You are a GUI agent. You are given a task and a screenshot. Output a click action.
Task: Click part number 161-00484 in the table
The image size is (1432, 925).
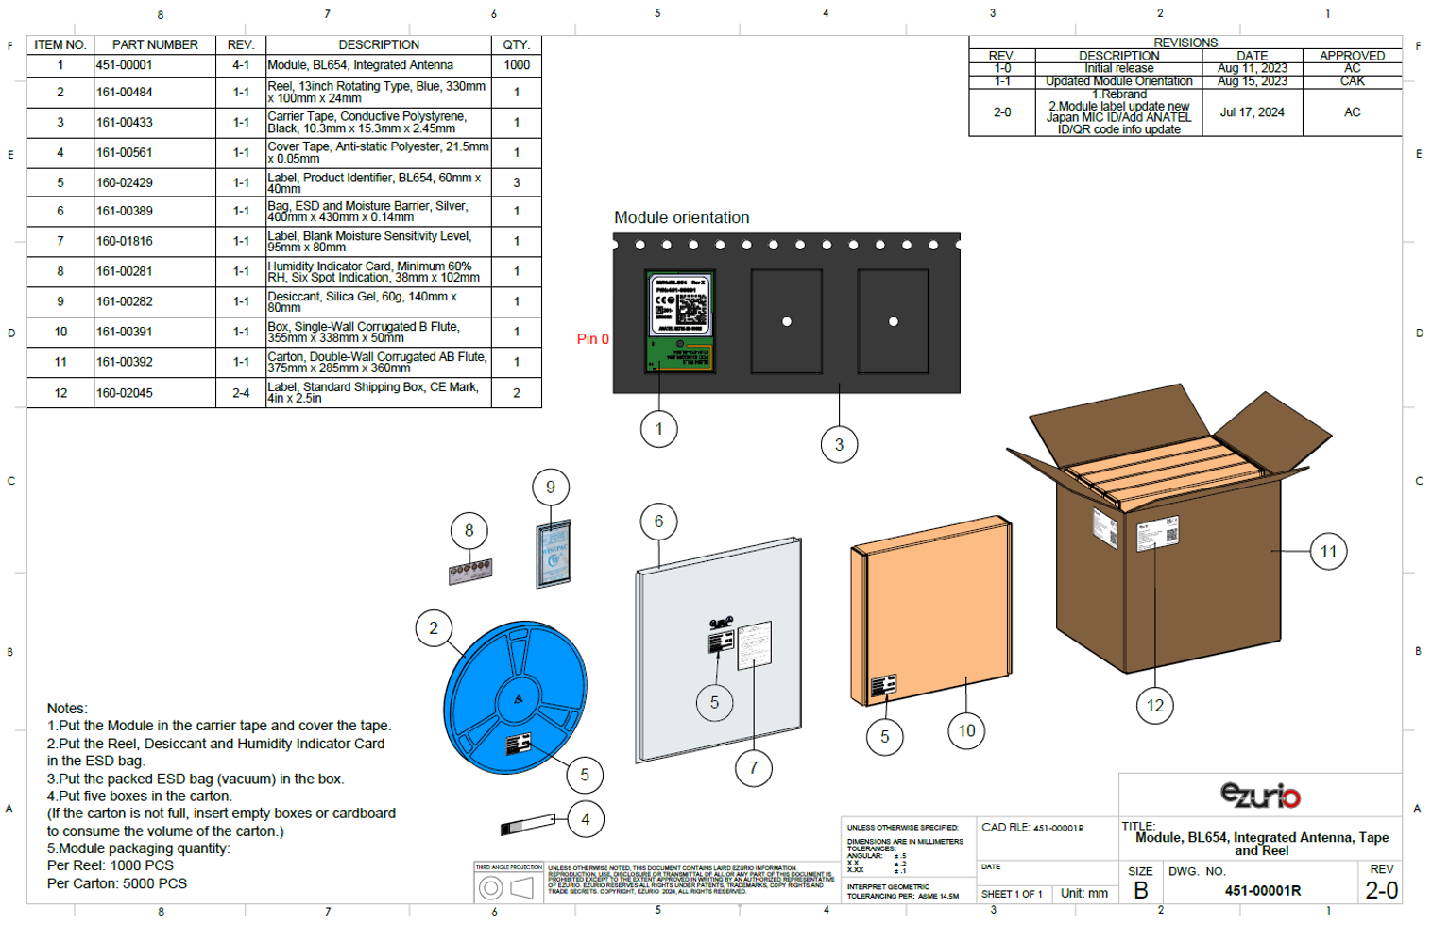pos(124,93)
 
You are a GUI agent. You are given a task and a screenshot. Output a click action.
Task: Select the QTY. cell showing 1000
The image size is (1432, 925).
pos(517,65)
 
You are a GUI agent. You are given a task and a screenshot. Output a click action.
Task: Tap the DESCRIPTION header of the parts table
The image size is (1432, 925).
pos(379,44)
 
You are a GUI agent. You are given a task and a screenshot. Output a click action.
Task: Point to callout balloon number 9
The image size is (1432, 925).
pos(551,488)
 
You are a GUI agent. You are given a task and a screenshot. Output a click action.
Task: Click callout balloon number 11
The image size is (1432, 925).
pos(1328,552)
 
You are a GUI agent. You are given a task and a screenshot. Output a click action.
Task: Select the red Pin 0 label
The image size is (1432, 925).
pos(592,339)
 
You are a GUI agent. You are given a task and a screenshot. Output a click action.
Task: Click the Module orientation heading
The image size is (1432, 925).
pos(681,217)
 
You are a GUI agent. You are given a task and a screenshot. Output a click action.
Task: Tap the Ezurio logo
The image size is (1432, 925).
pos(1260,796)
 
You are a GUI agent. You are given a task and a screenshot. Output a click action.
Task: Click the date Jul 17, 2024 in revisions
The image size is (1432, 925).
pos(1252,112)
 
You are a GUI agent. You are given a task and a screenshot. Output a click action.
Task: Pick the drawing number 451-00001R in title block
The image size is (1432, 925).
pos(1262,891)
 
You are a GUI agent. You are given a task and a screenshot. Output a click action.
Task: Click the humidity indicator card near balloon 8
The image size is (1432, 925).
pos(470,571)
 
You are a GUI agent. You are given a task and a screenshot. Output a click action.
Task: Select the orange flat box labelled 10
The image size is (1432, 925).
pos(930,614)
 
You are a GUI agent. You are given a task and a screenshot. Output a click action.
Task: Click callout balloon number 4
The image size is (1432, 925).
pos(586,819)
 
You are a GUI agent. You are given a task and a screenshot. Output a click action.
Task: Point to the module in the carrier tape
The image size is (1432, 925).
pos(679,321)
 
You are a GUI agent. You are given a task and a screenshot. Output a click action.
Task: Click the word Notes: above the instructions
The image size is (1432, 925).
pos(67,709)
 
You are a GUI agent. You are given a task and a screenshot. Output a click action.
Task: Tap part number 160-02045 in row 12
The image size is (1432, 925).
pos(124,393)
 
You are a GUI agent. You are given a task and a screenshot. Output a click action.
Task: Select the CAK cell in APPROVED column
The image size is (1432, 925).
pos(1352,81)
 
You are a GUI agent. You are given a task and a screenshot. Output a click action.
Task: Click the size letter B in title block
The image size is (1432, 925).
pos(1141,891)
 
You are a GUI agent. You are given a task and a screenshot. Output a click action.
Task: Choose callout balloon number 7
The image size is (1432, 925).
pos(753,768)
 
